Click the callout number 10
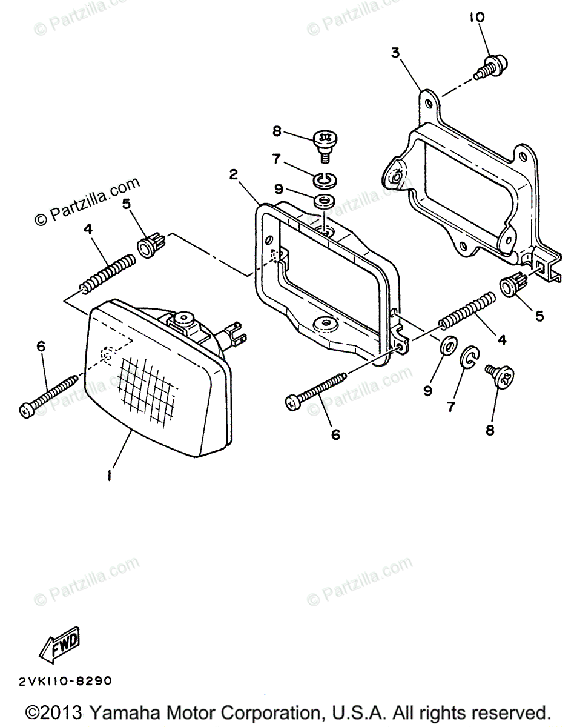pos(476,18)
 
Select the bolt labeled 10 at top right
pos(494,65)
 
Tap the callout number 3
pos(395,53)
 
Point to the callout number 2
pos(233,175)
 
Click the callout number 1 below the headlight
pos(110,476)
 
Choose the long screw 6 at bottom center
pos(315,390)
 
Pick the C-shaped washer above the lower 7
pos(469,359)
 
